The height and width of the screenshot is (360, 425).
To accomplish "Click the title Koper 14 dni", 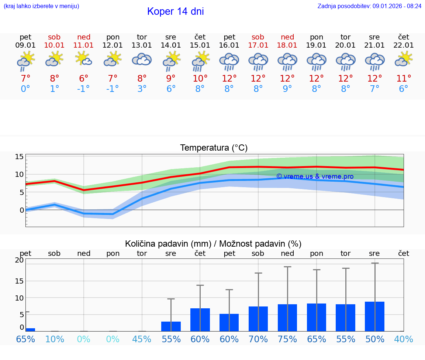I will pos(175,11).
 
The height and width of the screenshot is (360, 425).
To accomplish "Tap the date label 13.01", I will pos(142,45).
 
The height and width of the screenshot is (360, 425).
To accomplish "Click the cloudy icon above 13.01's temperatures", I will pos(142,59).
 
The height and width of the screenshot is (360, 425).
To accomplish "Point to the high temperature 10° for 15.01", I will pos(200,79).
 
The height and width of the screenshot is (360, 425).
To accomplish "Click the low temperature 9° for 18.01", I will pos(287,89).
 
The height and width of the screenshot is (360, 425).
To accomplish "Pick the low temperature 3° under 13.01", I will pos(142,89).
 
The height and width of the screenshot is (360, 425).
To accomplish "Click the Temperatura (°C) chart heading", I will pos(214,148).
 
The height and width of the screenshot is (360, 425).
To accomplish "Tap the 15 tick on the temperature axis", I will pos(19,157).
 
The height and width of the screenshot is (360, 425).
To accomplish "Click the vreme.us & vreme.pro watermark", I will pos(315,176).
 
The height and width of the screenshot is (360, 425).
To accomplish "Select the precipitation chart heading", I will pos(213,244).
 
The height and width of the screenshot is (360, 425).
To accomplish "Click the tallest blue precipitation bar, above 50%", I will pos(374,316).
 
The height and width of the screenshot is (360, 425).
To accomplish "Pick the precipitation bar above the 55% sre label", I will pos(171,326).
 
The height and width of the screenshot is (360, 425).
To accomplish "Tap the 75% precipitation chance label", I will pos(287,339).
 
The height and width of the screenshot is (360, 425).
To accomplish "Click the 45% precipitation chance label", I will pos(142,339).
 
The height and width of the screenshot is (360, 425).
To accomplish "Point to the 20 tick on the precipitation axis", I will pos(19,260).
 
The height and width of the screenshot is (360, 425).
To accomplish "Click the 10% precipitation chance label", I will pos(55,339).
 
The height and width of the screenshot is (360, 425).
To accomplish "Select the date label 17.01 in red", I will pos(258,45).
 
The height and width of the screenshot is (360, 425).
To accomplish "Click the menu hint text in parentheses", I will pos(41,6).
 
